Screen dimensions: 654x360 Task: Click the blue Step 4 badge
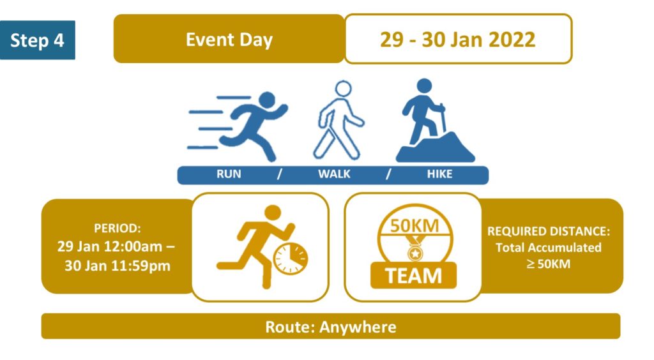click(x=38, y=40)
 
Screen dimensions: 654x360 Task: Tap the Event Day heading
click(x=229, y=40)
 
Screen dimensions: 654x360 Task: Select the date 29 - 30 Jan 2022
click(x=457, y=40)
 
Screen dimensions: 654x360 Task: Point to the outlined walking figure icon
click(x=338, y=120)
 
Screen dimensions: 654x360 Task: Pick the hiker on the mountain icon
click(x=435, y=120)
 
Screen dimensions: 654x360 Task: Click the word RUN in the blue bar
click(x=229, y=174)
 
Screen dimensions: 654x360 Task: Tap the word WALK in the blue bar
click(x=334, y=174)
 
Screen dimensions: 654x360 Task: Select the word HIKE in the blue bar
click(x=439, y=174)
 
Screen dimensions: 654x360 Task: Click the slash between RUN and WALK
click(x=280, y=174)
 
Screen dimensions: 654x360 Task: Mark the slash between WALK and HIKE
click(x=388, y=174)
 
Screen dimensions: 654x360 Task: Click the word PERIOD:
click(x=118, y=229)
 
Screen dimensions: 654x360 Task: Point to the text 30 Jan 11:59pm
click(x=118, y=266)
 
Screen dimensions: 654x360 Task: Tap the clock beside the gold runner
click(x=291, y=259)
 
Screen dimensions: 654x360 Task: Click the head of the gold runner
click(x=273, y=213)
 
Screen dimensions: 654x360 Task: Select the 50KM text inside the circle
click(x=414, y=226)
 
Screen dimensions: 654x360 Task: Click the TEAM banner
click(x=413, y=275)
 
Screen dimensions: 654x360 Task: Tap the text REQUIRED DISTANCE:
click(x=549, y=231)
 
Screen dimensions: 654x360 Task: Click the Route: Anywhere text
click(x=331, y=327)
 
